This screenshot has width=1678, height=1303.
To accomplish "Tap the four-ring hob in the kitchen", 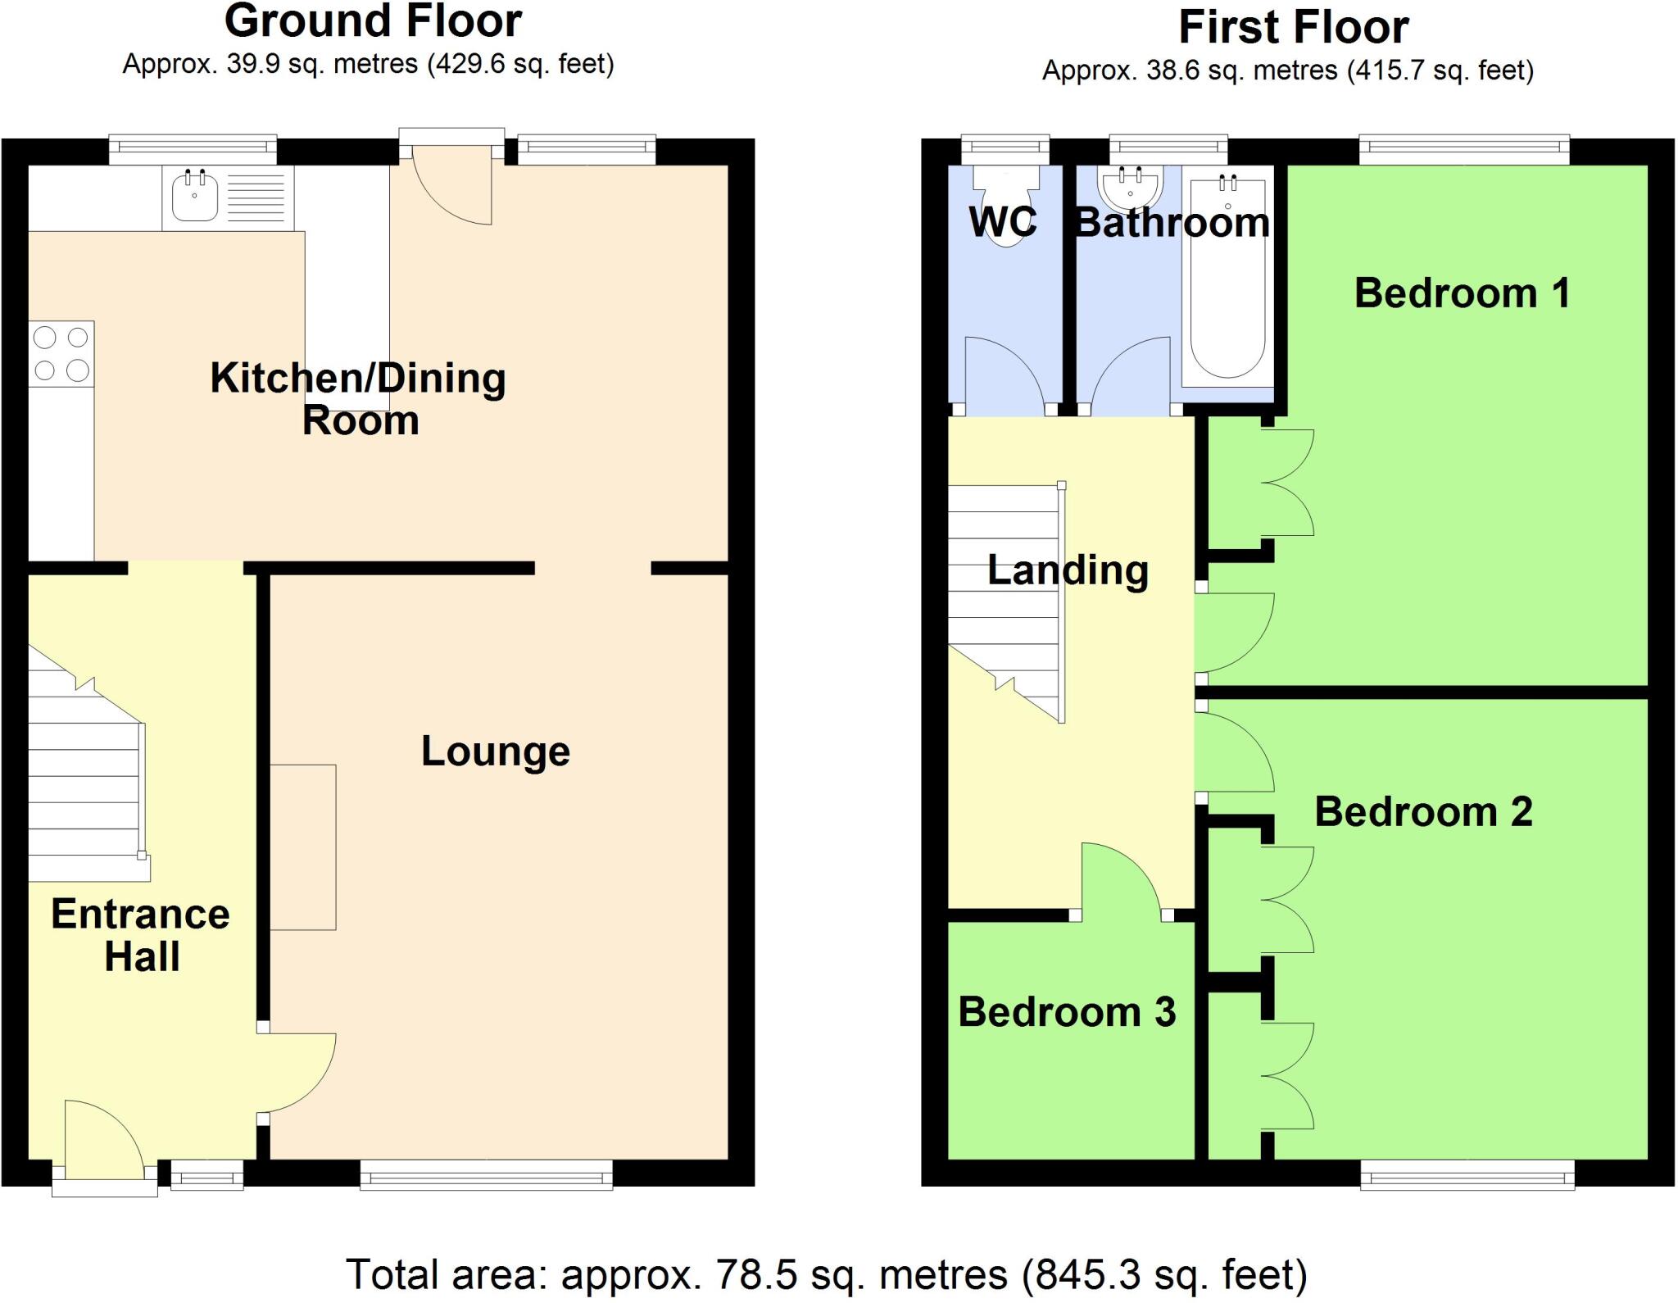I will [61, 353].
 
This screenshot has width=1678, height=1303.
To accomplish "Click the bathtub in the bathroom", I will [1227, 283].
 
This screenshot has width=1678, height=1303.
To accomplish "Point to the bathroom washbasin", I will [1131, 188].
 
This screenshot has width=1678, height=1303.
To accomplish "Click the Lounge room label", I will [495, 751].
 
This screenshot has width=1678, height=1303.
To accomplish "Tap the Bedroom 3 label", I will [1067, 1012].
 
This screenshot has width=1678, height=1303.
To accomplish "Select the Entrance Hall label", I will [141, 935].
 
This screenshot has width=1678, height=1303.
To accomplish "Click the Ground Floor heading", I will [373, 20].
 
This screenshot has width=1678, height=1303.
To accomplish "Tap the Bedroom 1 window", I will [1464, 148].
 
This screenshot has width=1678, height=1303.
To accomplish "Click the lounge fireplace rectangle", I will [303, 847].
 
